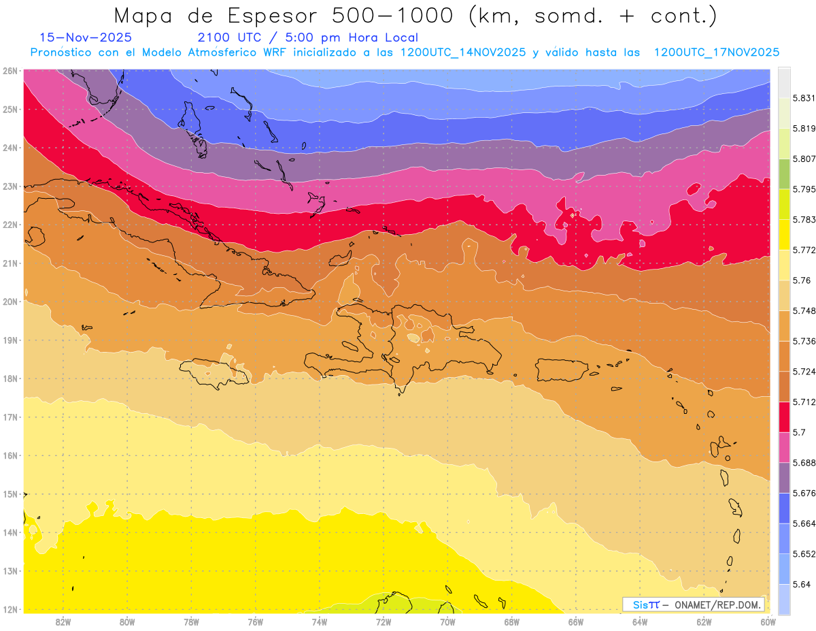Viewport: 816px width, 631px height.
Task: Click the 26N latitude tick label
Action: [10, 71]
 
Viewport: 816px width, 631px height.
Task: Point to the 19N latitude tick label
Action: [10, 340]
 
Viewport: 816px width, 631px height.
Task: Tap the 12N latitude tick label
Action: [10, 609]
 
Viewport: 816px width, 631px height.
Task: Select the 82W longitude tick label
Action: [63, 621]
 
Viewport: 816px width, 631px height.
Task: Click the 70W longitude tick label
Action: [447, 621]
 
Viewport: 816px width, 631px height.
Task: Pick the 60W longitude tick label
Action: [768, 621]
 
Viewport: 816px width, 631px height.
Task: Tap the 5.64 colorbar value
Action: [800, 584]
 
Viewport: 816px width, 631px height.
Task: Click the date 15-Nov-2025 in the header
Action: [86, 37]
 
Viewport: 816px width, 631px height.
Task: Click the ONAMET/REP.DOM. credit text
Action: [718, 605]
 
